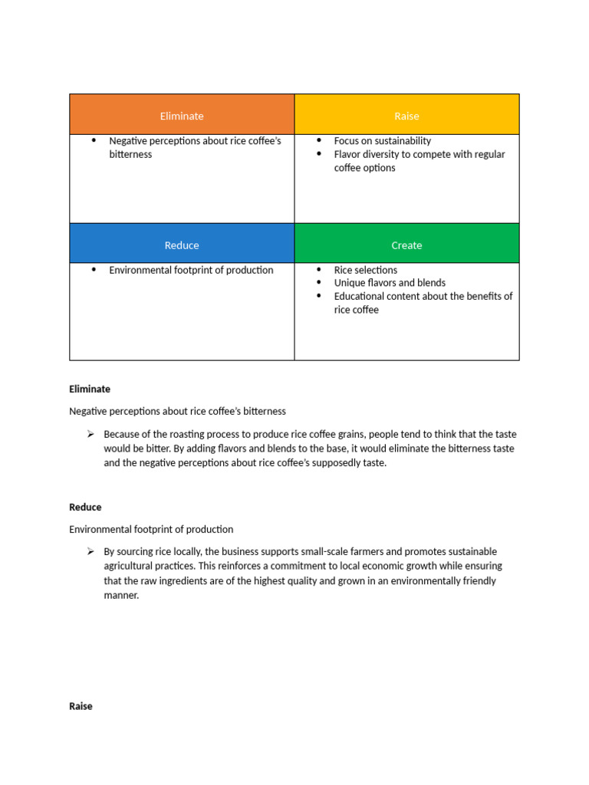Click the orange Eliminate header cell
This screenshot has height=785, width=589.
[x=182, y=116]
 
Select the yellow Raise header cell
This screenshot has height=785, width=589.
[x=406, y=116]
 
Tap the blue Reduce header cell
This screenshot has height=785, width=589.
[x=182, y=245]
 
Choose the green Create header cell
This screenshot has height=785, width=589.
[x=406, y=245]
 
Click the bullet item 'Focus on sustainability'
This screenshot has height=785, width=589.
[x=382, y=141]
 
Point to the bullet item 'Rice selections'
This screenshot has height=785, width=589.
[x=365, y=270]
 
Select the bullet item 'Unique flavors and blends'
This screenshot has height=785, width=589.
[x=390, y=283]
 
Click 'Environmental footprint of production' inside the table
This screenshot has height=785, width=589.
[x=191, y=270]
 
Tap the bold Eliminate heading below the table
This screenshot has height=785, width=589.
[x=90, y=389]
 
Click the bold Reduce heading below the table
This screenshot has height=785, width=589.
[x=85, y=507]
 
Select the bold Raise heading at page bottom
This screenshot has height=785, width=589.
[x=81, y=706]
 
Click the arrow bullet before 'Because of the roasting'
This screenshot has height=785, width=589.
[x=90, y=434]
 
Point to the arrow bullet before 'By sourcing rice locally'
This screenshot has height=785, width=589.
[x=90, y=551]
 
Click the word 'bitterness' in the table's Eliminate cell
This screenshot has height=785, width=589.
[x=130, y=154]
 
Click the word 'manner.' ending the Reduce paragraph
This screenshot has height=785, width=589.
[x=121, y=595]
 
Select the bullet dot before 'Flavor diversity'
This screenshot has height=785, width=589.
[x=319, y=154]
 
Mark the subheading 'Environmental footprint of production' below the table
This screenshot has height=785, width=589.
[x=151, y=530]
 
